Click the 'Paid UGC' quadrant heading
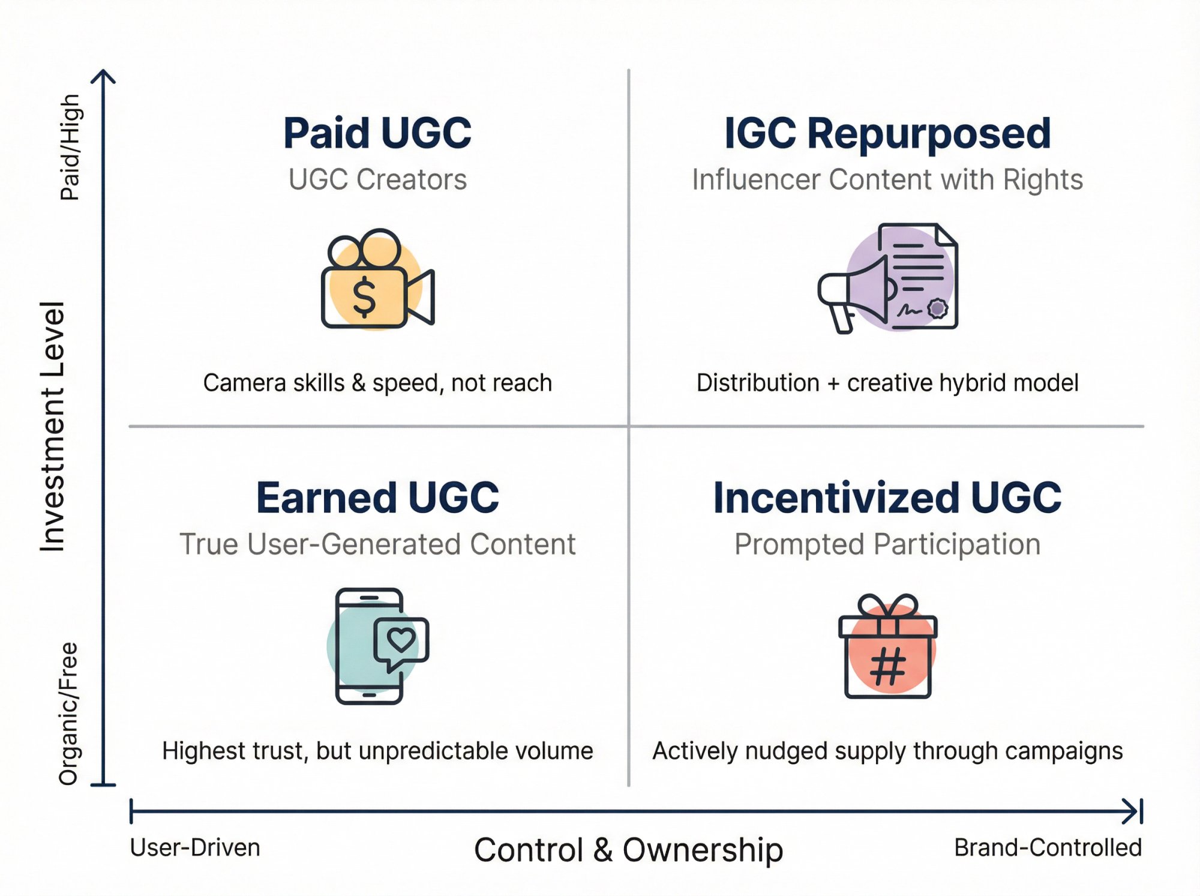377,133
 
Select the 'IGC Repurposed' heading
887,133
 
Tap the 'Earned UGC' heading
377,498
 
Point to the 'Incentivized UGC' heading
887,498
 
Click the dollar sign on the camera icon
364,296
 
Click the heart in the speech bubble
401,640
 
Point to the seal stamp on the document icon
937,308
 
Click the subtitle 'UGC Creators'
377,179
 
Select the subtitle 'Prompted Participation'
887,544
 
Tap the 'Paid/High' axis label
70,147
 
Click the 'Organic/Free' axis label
68,714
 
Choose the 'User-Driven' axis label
195,848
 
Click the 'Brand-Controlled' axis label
1048,848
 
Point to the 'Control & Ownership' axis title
628,850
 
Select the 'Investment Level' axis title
53,426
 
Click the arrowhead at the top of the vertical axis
104,76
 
